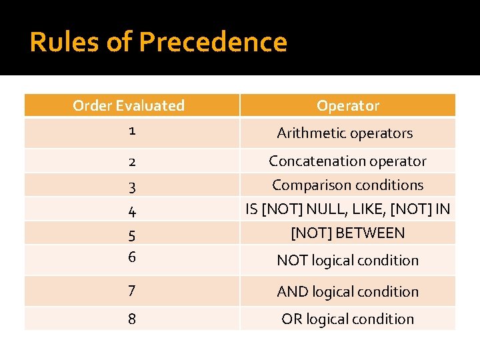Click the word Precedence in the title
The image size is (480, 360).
(x=213, y=42)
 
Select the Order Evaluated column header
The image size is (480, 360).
(x=129, y=105)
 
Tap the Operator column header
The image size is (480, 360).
(x=347, y=105)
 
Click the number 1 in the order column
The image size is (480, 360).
(x=132, y=131)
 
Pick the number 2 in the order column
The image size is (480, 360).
(x=132, y=162)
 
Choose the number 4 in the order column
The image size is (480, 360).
(x=132, y=212)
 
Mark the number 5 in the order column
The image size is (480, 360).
(x=132, y=235)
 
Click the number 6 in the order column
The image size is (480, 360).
(x=132, y=257)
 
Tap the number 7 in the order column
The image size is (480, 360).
(x=132, y=291)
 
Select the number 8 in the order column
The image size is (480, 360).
(x=132, y=319)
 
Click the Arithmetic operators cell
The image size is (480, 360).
(x=345, y=133)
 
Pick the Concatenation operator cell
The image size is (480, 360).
(x=347, y=161)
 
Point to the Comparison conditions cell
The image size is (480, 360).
(x=347, y=185)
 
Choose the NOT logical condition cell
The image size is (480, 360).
(x=347, y=261)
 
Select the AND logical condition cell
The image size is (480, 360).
(x=347, y=292)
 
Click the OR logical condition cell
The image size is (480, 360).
(x=347, y=319)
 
